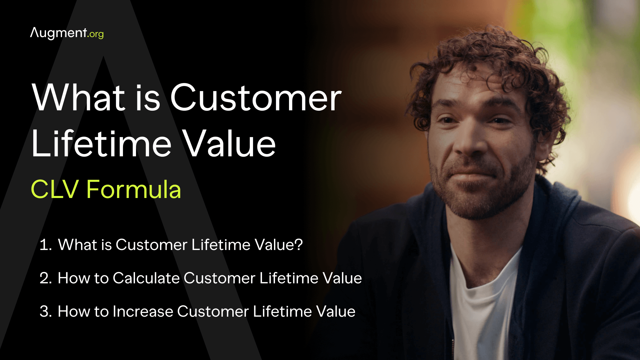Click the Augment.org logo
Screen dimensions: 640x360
pos(67,33)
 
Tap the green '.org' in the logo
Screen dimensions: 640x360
pos(96,34)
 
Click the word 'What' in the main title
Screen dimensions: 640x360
pos(79,97)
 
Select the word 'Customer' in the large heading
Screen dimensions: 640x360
pos(256,97)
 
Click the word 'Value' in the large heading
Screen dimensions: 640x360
pos(230,144)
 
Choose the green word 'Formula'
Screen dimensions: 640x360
pos(134,189)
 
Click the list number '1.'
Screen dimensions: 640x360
pos(46,245)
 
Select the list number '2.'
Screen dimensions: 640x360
pos(46,278)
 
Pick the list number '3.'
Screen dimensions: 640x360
pos(46,311)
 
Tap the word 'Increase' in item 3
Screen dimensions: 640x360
pos(143,311)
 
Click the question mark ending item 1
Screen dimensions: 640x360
pos(299,245)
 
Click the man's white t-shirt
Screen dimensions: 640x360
pos(483,300)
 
